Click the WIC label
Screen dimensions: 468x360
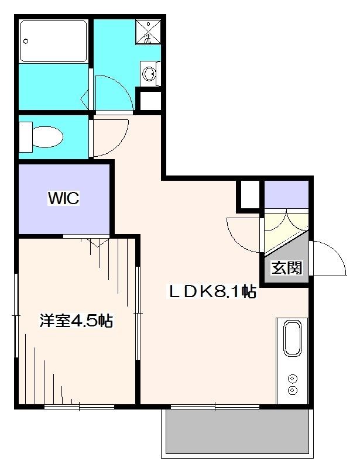coord(63,199)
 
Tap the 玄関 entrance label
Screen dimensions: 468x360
coord(287,268)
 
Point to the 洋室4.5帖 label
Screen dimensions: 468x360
coord(76,321)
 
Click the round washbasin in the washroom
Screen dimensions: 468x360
coord(149,74)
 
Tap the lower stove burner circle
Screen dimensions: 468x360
coord(292,390)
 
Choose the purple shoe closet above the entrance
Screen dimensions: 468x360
coord(286,194)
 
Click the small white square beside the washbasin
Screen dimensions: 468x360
coord(149,99)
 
